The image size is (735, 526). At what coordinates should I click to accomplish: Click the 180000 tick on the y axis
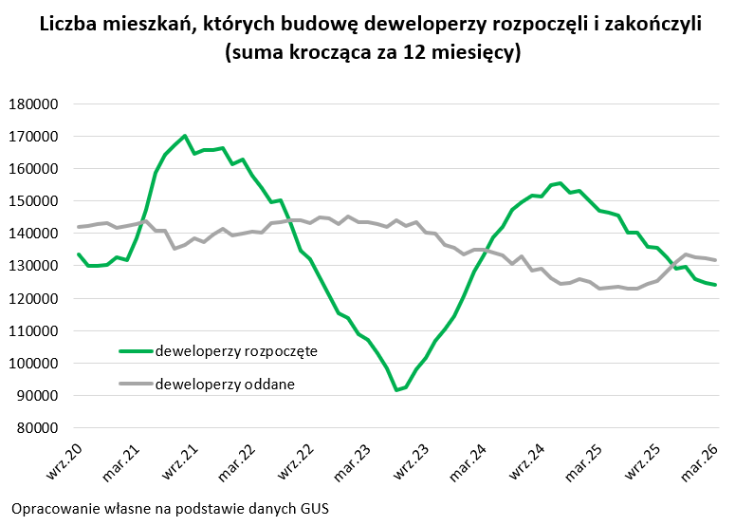(35, 103)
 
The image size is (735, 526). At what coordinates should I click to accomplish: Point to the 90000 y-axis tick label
(38, 395)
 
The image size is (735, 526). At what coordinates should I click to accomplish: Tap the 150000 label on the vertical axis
(35, 201)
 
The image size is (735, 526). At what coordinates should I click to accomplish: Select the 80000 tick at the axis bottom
(38, 427)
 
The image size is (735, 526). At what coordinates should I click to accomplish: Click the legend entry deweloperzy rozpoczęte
(235, 350)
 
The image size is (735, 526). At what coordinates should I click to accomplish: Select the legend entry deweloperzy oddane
(224, 384)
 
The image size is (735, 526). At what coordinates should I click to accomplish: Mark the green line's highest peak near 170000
(185, 136)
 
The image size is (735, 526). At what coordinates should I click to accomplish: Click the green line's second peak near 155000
(560, 183)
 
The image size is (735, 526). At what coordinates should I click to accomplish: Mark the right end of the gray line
(715, 260)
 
